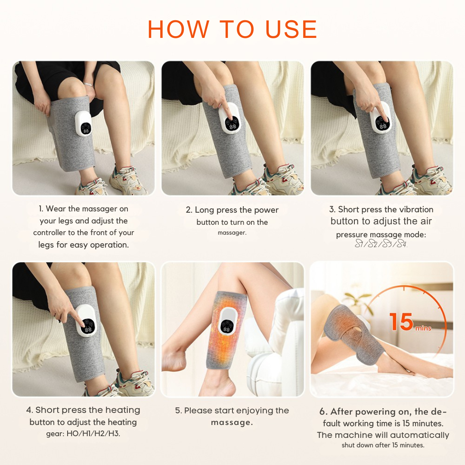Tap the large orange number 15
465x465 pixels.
pyautogui.click(x=401, y=322)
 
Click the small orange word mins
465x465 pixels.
pyautogui.click(x=423, y=329)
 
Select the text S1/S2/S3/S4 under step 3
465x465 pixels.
pyautogui.click(x=381, y=245)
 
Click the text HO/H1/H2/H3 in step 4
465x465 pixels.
pyautogui.click(x=93, y=434)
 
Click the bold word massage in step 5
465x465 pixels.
pyautogui.click(x=232, y=422)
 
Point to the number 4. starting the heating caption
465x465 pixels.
pyautogui.click(x=30, y=410)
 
